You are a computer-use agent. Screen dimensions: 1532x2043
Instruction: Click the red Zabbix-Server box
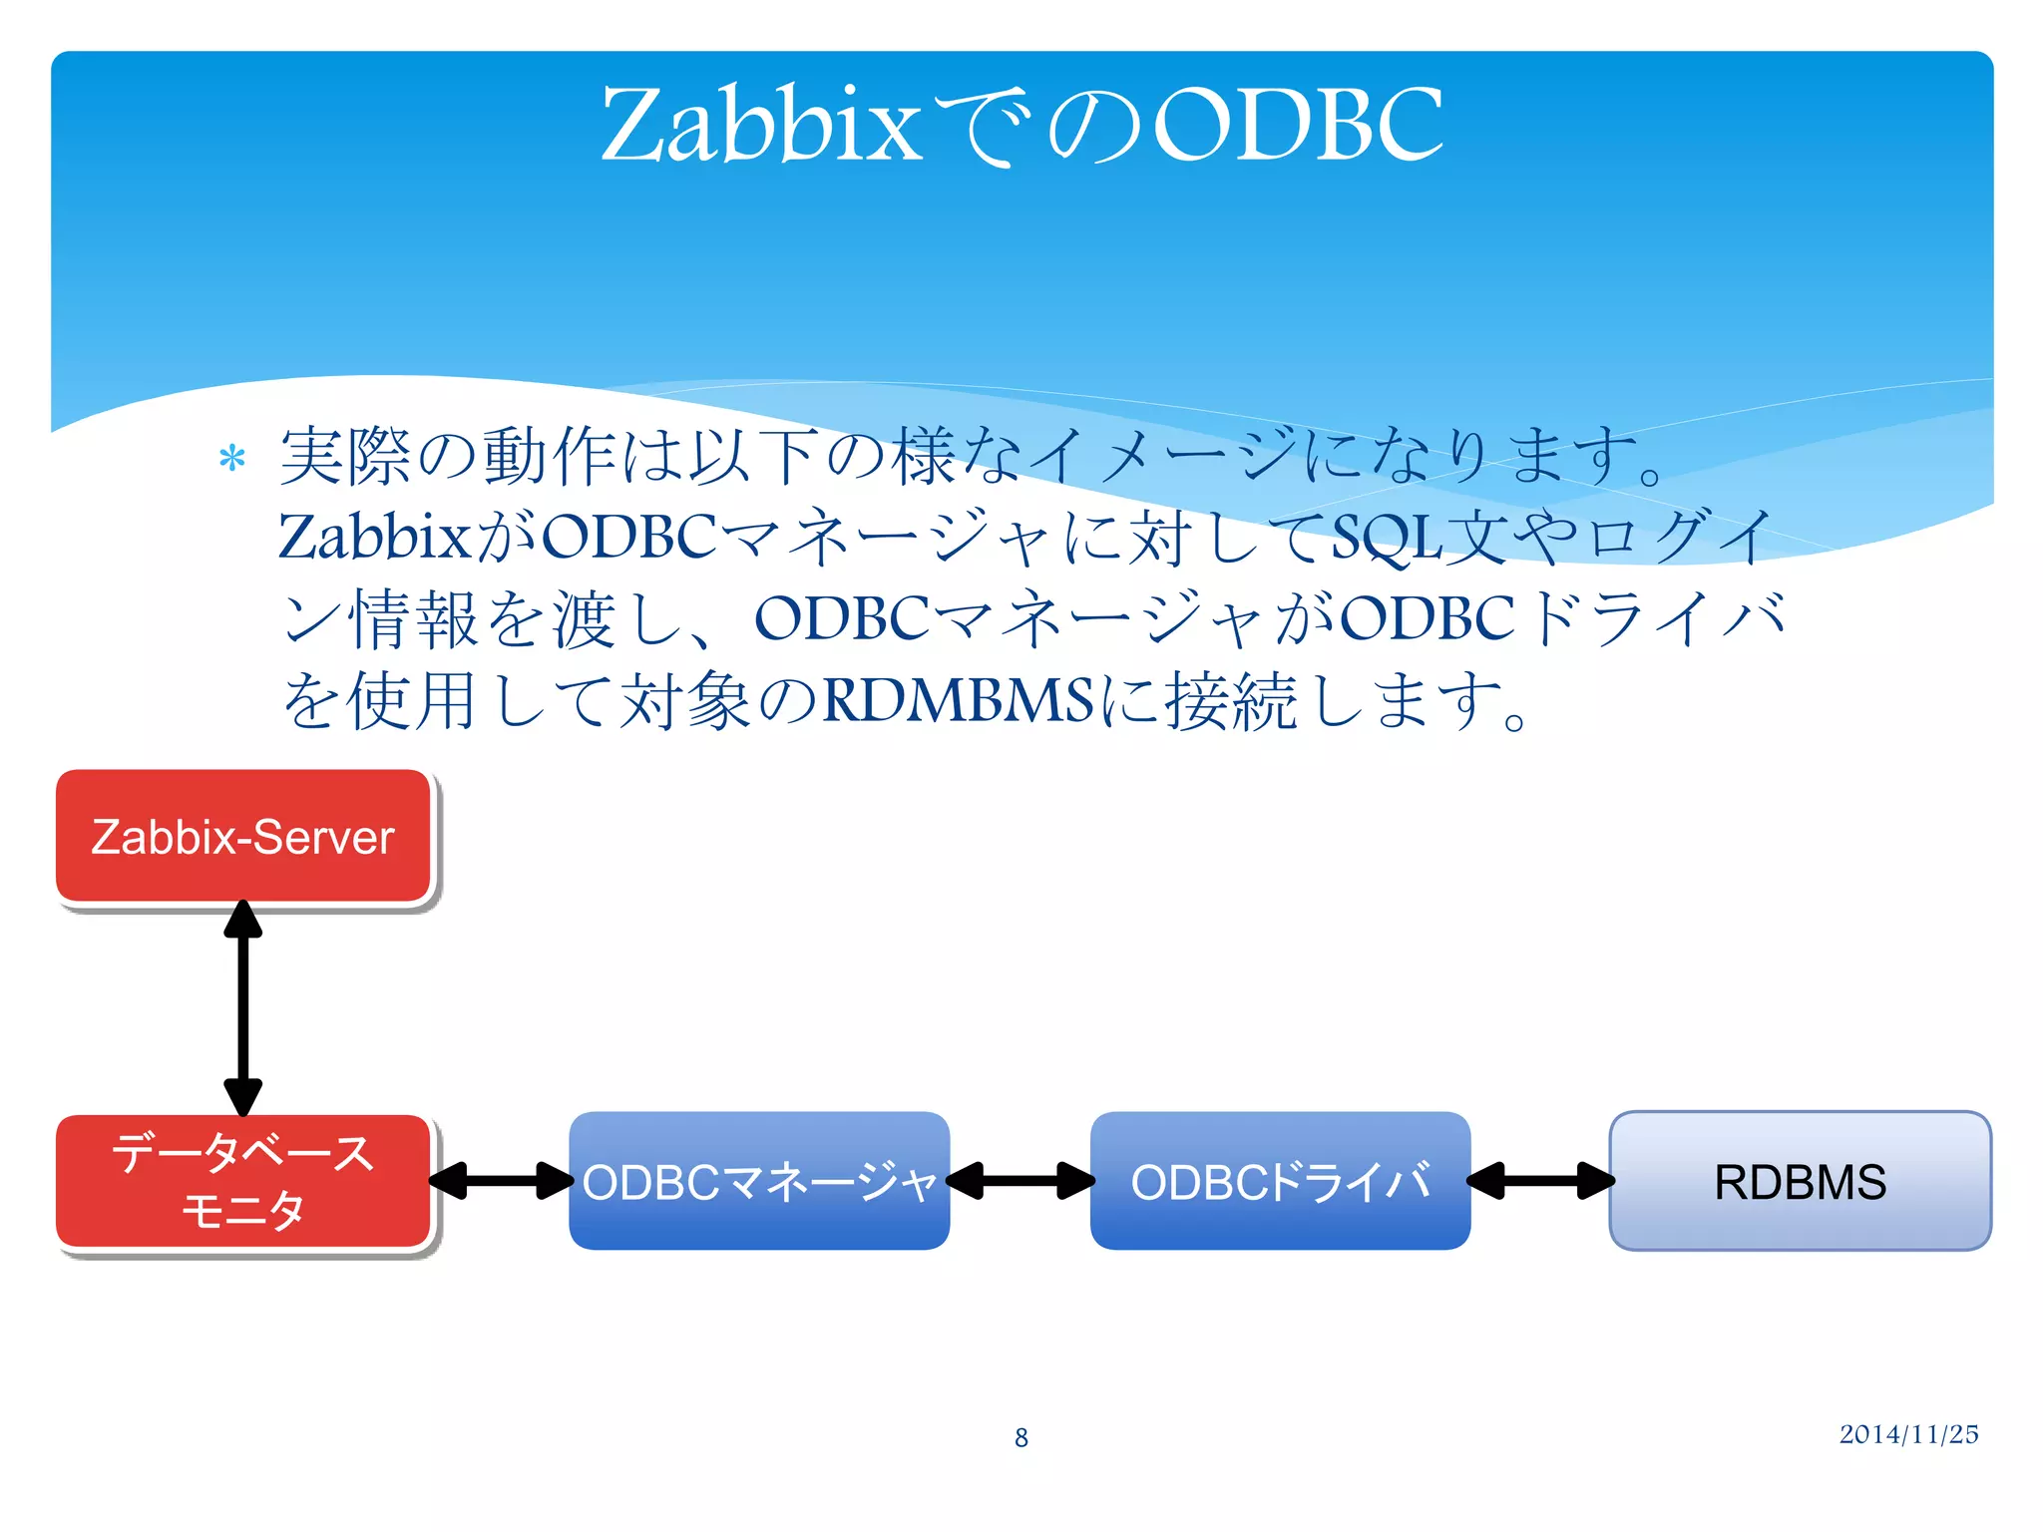243,836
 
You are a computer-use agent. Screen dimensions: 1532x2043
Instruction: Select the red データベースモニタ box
243,1181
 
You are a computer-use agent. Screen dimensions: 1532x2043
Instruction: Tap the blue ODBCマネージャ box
759,1181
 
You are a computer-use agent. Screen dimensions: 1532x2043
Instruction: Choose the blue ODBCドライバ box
1280,1181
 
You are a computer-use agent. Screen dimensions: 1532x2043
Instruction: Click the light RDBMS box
1800,1181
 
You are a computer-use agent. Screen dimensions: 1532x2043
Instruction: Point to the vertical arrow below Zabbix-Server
243,1007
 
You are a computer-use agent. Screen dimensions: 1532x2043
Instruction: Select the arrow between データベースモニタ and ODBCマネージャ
501,1181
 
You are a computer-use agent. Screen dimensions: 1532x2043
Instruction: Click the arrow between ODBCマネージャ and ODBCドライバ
1020,1181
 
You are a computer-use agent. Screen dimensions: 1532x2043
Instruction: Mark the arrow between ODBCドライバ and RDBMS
1540,1181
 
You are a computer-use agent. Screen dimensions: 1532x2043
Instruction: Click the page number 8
1021,1437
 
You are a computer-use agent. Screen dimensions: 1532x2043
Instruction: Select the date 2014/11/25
1908,1434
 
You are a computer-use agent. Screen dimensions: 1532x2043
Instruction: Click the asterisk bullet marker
232,459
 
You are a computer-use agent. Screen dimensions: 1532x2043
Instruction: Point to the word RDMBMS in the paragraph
958,700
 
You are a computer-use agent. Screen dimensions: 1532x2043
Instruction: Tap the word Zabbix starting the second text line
374,537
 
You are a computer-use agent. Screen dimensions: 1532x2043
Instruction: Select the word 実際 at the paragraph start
345,457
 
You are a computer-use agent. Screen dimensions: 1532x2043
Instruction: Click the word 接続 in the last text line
1232,700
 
